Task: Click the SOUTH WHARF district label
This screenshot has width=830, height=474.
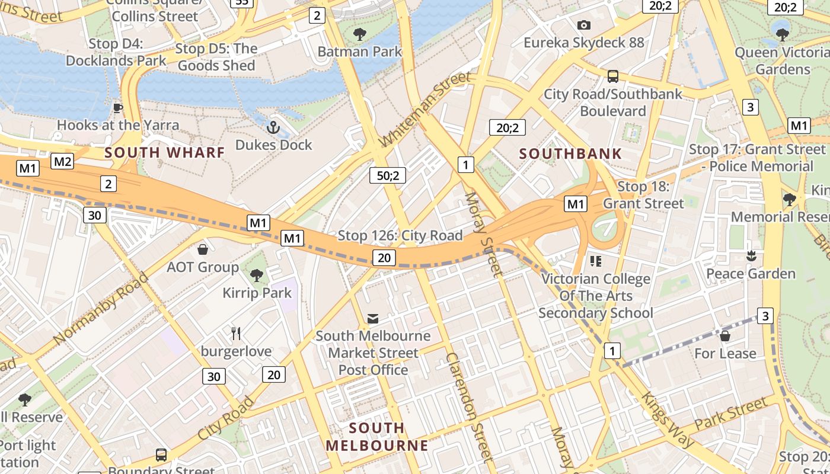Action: pos(165,152)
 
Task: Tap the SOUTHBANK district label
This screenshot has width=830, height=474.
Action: pos(570,154)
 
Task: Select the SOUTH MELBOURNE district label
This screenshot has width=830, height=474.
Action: pos(377,437)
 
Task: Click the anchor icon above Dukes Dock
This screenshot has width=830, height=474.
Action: pos(273,127)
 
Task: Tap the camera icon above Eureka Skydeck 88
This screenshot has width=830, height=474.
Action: pos(584,25)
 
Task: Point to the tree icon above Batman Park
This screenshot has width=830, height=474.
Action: pos(359,34)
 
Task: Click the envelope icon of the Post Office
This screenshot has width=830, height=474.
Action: pos(372,319)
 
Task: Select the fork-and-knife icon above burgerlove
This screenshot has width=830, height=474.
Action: pos(236,334)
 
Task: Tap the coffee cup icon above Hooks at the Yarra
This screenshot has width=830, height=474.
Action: pos(117,107)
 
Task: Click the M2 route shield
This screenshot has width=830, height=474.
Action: pos(62,161)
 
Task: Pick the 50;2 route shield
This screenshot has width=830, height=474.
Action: pos(388,175)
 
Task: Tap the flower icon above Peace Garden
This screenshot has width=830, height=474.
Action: pos(751,256)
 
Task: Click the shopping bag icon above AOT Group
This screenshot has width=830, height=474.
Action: pos(203,249)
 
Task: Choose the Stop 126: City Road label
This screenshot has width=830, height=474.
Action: pos(400,236)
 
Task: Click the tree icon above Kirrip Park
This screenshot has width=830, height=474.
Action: pos(257,275)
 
